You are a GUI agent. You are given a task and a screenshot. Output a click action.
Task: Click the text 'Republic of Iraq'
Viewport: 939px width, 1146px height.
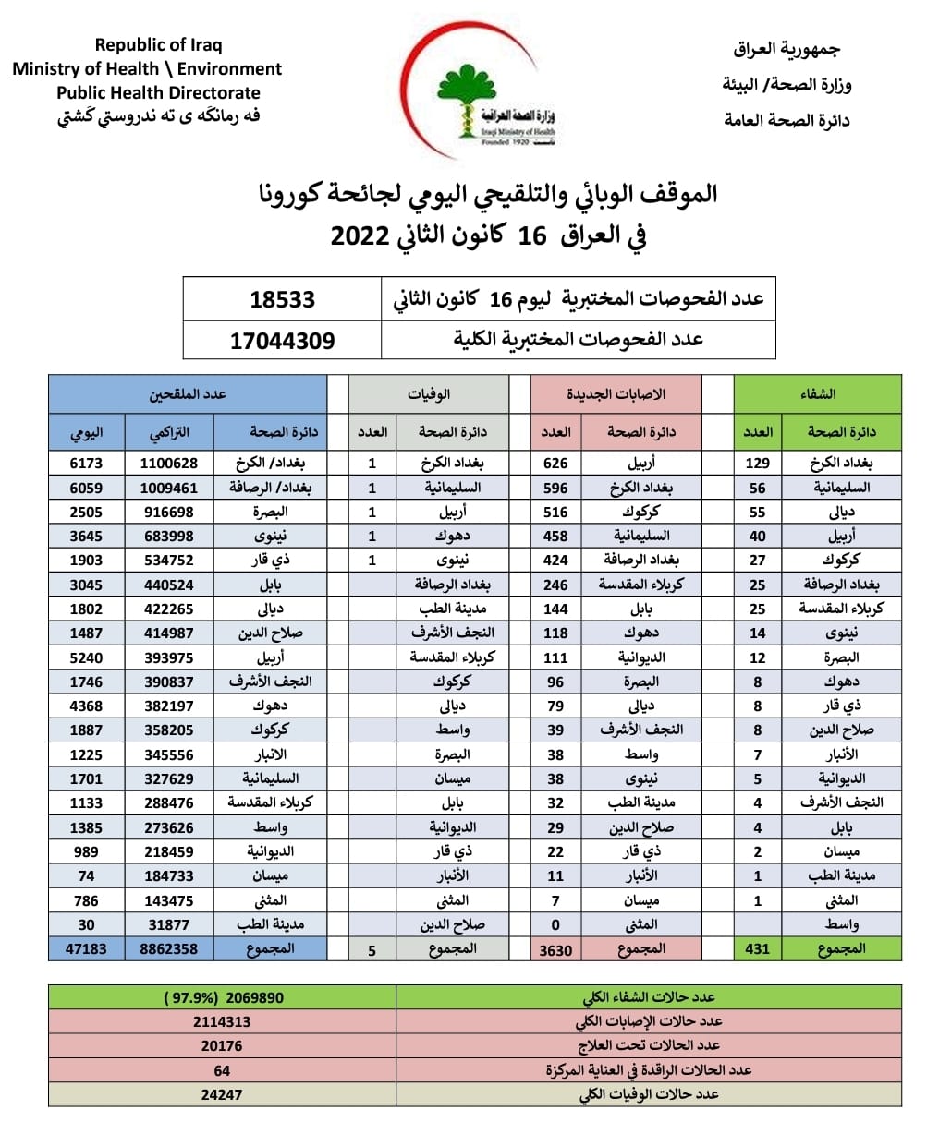(x=158, y=44)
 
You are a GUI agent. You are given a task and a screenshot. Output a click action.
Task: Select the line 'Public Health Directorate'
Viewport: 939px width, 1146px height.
(x=158, y=92)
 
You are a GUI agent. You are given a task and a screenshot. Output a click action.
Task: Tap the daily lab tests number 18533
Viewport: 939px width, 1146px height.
(x=282, y=299)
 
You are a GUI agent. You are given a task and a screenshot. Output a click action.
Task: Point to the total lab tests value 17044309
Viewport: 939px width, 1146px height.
(x=282, y=341)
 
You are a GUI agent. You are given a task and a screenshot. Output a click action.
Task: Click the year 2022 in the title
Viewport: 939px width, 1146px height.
(x=360, y=236)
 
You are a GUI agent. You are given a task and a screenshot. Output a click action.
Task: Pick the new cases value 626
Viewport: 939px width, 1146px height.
(x=555, y=464)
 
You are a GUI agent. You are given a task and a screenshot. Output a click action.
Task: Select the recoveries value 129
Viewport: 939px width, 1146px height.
(x=757, y=464)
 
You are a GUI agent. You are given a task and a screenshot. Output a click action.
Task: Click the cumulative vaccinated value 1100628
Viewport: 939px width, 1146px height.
(x=169, y=464)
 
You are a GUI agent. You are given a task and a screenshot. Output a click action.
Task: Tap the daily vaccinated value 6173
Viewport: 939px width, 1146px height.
(x=86, y=464)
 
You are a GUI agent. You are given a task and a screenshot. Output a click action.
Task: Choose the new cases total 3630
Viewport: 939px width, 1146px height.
(x=555, y=949)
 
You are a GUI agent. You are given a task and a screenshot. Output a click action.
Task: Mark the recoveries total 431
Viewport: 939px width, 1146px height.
(x=757, y=948)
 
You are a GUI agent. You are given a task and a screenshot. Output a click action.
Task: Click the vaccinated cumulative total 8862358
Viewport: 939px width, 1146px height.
(x=169, y=948)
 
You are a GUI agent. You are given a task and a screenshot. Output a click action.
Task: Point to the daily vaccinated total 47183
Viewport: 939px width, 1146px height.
(x=86, y=948)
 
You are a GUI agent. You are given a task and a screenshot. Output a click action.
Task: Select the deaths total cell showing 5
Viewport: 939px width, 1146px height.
(x=372, y=949)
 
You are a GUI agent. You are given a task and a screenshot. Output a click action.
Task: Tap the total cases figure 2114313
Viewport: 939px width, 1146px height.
(x=222, y=1021)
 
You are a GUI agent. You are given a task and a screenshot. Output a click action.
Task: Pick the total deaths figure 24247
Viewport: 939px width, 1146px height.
(x=222, y=1094)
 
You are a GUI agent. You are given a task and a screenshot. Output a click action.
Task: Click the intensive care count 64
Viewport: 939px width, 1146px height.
(x=222, y=1070)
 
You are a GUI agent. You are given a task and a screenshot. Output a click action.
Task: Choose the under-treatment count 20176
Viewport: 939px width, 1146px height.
(x=222, y=1045)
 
